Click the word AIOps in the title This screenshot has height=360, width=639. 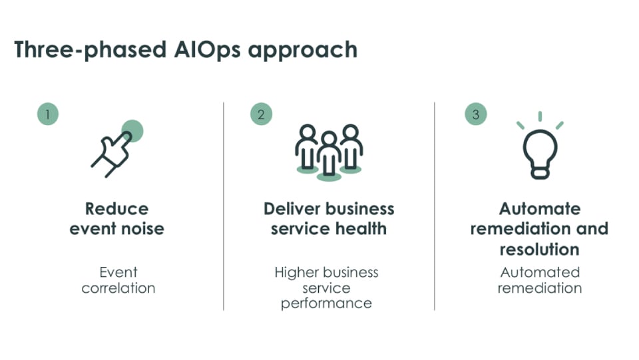point(208,50)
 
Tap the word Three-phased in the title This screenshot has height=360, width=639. point(91,50)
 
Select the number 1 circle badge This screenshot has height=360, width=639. point(48,114)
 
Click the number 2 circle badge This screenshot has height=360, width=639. point(261,114)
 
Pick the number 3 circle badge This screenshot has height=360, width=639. point(475,114)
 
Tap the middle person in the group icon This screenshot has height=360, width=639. point(329,157)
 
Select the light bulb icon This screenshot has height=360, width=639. point(540,145)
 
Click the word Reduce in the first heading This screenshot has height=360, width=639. point(117,209)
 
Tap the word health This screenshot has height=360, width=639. point(361,229)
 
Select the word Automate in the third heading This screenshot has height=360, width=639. point(540,209)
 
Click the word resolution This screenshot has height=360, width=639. point(540,250)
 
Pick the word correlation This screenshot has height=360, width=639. point(118,288)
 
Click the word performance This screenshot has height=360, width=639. point(326,304)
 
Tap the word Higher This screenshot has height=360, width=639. point(294,272)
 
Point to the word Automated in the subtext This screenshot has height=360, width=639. point(540,272)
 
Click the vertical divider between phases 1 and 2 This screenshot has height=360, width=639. point(224,206)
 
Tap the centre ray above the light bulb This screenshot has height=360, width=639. point(540,116)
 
